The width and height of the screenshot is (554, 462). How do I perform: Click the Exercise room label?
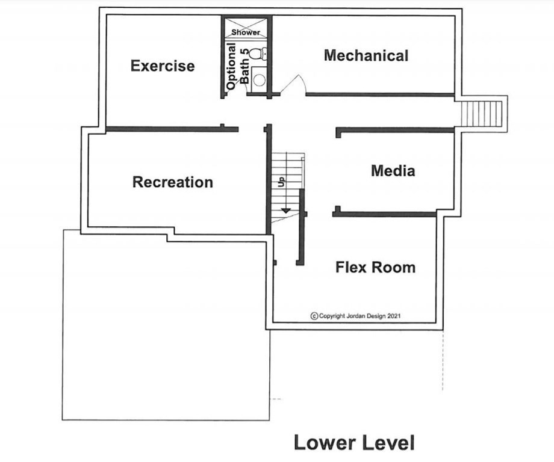click(163, 66)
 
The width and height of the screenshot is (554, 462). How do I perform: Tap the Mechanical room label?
click(366, 56)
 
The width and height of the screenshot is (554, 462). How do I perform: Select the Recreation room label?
click(173, 182)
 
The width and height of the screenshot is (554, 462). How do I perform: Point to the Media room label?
click(393, 171)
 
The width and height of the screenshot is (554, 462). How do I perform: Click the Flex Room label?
click(375, 267)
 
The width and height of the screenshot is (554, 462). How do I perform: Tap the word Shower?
click(246, 32)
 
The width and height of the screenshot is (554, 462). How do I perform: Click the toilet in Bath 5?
click(257, 54)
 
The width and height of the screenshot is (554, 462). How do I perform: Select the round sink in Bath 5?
click(260, 80)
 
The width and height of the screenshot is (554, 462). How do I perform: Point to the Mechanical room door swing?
click(293, 84)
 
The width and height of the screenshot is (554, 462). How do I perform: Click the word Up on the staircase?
click(281, 182)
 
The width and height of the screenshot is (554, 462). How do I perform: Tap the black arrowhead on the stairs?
click(285, 211)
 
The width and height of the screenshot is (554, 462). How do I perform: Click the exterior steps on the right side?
click(481, 114)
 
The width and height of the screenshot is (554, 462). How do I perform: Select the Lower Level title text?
click(354, 443)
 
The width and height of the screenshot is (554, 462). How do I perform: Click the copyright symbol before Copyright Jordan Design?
click(314, 316)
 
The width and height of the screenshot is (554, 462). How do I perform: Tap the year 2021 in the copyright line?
click(394, 316)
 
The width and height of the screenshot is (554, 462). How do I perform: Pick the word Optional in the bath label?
click(231, 66)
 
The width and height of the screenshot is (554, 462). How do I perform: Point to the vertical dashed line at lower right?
click(443, 360)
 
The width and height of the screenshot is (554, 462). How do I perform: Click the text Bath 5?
click(244, 66)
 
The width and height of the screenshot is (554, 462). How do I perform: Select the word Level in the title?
click(386, 443)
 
